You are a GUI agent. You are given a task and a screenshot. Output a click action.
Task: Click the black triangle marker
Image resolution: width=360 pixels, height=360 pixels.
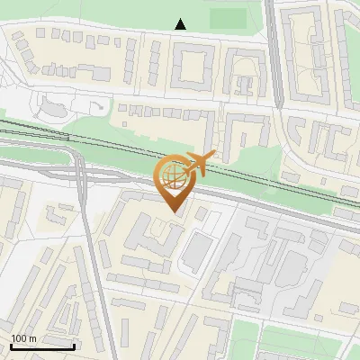point(181,24)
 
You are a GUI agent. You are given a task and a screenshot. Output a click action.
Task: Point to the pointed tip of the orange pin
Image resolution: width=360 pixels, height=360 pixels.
point(174,212)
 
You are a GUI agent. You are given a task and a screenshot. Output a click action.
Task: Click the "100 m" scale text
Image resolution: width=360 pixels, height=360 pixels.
point(23,338)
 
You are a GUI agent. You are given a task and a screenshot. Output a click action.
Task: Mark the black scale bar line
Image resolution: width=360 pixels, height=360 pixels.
point(42,346)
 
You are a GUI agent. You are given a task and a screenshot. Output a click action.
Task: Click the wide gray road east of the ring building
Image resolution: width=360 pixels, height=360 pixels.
point(274,54)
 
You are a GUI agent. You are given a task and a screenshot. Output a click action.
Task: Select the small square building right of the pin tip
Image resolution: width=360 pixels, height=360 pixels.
point(202,213)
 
